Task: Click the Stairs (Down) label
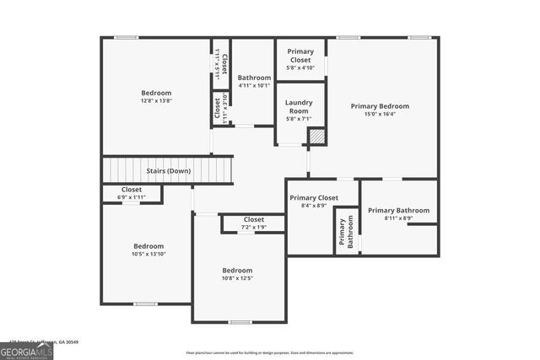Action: [x=168, y=171]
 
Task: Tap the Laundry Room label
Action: [x=298, y=107]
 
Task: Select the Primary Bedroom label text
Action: [x=380, y=106]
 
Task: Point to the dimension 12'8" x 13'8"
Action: [x=156, y=100]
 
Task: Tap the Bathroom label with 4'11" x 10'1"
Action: [x=253, y=78]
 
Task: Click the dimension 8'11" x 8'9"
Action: [x=398, y=218]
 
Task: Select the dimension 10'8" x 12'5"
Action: [x=237, y=277]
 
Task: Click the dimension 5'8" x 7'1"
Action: [x=298, y=119]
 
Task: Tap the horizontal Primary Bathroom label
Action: [x=398, y=210]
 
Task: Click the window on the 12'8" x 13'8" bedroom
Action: [x=127, y=37]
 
